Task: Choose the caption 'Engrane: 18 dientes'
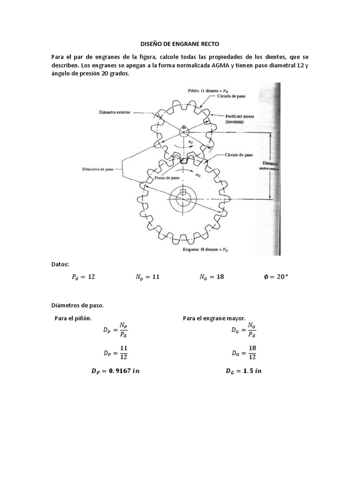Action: point(204,250)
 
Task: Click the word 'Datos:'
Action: point(60,264)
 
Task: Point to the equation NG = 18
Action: point(211,277)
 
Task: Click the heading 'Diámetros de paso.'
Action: point(77,305)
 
